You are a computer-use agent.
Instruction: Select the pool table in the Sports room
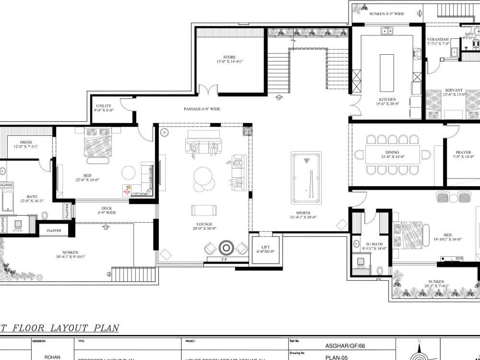pyautogui.click(x=306, y=178)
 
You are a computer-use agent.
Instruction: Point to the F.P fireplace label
pyautogui.click(x=224, y=260)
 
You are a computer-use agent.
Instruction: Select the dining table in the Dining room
pyautogui.click(x=392, y=155)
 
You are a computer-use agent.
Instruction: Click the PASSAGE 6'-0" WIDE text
pyautogui.click(x=202, y=109)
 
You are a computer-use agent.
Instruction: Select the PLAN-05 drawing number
pyautogui.click(x=336, y=357)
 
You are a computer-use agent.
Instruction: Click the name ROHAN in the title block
pyautogui.click(x=52, y=357)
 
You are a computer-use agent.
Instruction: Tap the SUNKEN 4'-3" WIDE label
pyautogui.click(x=386, y=14)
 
